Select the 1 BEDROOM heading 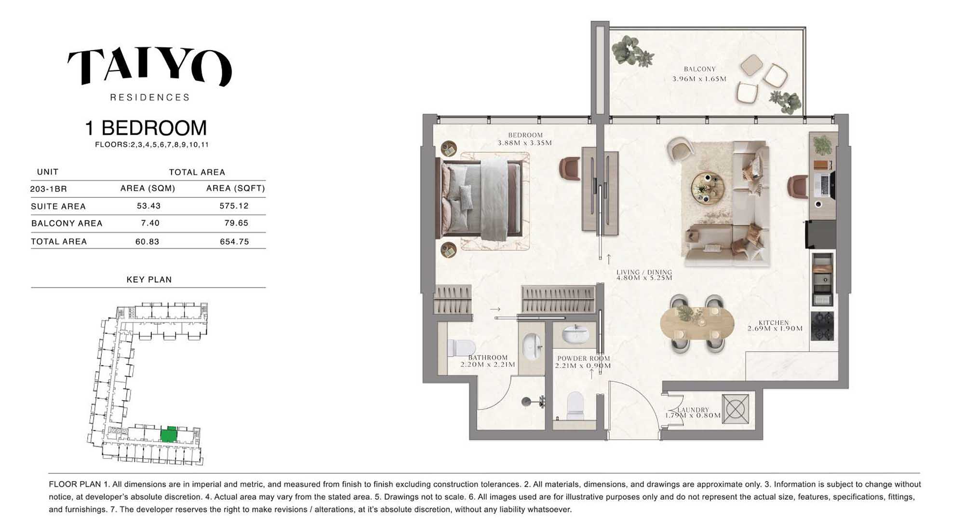coord(146,128)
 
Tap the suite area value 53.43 coord(148,206)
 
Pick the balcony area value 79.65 coord(236,223)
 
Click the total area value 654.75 coord(234,241)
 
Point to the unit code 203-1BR coord(48,189)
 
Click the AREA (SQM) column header coord(147,188)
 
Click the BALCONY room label coord(699,69)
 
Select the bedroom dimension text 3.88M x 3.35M coord(525,143)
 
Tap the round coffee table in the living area coord(708,188)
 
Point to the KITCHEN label coord(774,322)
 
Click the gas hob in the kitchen coord(822,326)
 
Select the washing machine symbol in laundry coord(736,409)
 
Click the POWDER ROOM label coord(583,359)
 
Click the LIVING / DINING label coord(644,272)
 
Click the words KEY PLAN coord(149,279)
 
